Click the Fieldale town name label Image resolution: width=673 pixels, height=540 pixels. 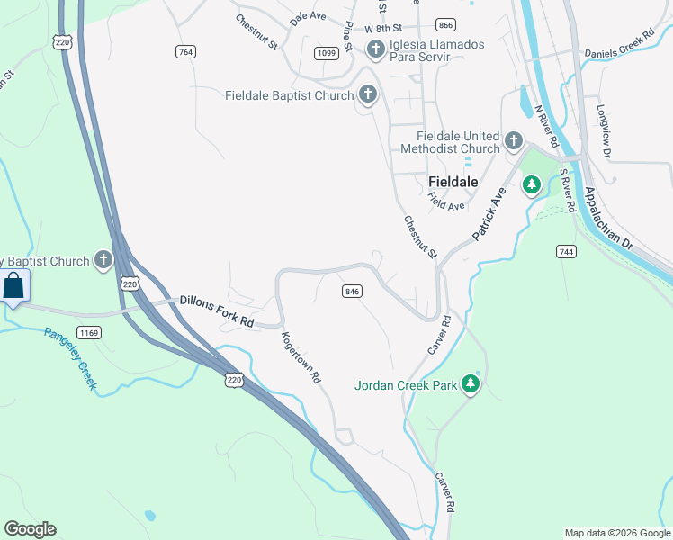tap(452, 182)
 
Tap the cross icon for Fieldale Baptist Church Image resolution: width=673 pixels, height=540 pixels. tap(367, 94)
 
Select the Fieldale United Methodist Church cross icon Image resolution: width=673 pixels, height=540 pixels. tap(513, 141)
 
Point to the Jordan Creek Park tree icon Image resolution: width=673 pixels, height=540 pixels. tap(469, 385)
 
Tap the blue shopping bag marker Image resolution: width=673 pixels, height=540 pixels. tap(14, 287)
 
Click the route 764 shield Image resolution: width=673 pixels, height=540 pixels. tap(186, 52)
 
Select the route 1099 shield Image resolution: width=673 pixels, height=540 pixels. tap(327, 54)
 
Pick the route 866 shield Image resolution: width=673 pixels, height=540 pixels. tap(444, 24)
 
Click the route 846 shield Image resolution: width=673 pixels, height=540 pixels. tap(352, 292)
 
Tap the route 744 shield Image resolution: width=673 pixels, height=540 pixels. tap(566, 251)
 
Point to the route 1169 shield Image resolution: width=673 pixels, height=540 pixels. tap(89, 333)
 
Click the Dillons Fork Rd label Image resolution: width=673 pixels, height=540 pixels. tap(217, 310)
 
